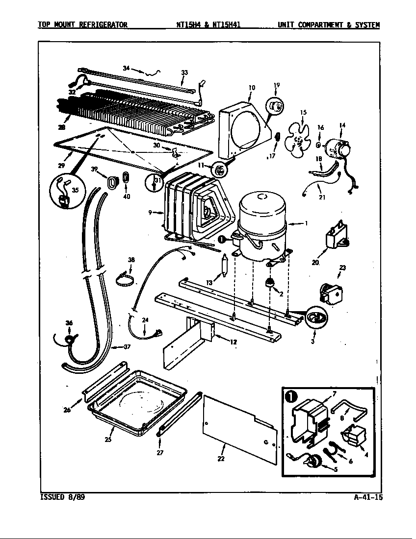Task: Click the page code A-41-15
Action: [x=367, y=497]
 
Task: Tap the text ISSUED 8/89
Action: [x=58, y=497]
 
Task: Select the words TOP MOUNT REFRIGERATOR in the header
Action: [x=83, y=24]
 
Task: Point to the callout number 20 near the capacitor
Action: [x=315, y=263]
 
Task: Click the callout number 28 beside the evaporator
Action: [x=61, y=128]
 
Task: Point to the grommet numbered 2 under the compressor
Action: [x=269, y=283]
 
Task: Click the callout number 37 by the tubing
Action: [x=127, y=347]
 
